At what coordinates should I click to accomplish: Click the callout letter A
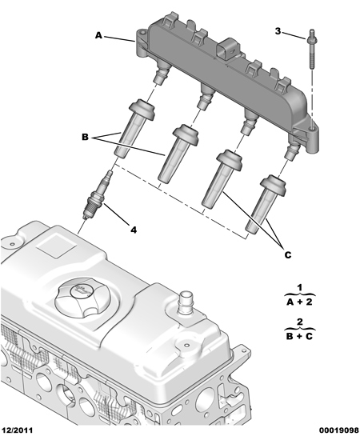click(x=98, y=35)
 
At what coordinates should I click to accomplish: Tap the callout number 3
click(x=278, y=31)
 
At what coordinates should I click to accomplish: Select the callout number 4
click(x=134, y=230)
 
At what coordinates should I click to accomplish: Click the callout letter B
click(x=85, y=137)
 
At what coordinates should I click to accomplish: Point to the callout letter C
click(x=288, y=254)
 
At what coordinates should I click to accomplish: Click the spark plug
click(x=97, y=195)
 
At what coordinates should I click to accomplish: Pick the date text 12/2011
click(x=17, y=430)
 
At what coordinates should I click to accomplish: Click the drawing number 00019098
click(x=339, y=430)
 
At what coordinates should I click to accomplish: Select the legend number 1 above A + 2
click(x=300, y=287)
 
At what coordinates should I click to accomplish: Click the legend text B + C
click(x=300, y=337)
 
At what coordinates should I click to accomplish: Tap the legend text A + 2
click(x=300, y=302)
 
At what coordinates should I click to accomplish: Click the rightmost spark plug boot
click(x=266, y=204)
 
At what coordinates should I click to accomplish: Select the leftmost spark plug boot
click(x=134, y=129)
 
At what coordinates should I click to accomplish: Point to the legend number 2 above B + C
click(x=300, y=322)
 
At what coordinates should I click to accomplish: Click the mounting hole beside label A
click(x=142, y=34)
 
